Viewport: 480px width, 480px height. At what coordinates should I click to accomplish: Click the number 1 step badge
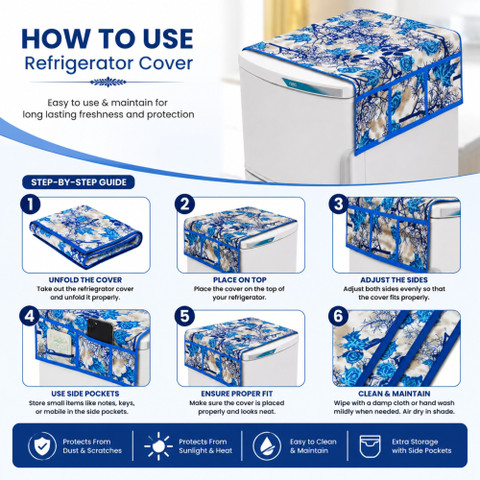coord(30,204)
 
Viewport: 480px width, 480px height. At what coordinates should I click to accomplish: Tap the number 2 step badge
coord(185,204)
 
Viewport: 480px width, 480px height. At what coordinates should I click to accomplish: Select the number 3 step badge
coord(339,204)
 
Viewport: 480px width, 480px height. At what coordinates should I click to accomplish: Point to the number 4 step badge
coord(30,316)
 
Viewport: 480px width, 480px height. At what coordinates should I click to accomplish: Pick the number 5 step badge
coord(185,316)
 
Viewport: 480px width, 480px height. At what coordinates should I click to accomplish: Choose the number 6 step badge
coord(339,316)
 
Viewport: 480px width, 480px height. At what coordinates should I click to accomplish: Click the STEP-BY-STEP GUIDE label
coord(79,182)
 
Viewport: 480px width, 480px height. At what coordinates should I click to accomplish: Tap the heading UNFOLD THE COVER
coord(85,280)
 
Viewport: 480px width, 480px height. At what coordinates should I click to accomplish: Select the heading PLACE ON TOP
coord(240,280)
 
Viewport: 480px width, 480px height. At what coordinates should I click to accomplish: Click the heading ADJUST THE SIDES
coord(394,280)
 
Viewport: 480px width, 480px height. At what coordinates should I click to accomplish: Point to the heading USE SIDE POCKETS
coord(85,394)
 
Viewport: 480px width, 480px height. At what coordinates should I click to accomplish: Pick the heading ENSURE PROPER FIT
coord(237,394)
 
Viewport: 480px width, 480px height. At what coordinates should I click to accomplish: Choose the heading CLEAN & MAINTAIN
coord(394,394)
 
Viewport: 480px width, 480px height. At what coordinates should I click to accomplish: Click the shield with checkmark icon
coord(42,446)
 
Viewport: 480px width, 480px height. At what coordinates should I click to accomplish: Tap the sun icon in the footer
coord(159,446)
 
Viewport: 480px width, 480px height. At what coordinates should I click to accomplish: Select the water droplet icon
coord(267,446)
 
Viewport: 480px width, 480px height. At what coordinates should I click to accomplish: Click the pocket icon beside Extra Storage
coord(370,446)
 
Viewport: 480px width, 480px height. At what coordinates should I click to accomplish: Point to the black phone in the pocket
coord(100,331)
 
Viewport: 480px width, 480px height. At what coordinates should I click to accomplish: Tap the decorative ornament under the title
coord(108,82)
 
